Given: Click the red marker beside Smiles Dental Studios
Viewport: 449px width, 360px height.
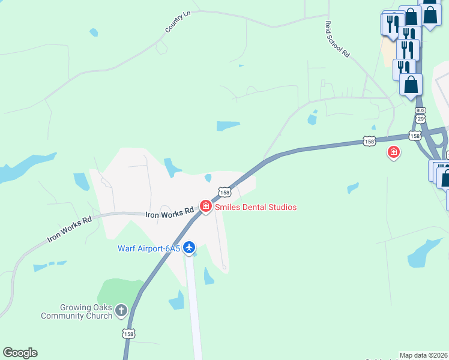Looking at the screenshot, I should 206,207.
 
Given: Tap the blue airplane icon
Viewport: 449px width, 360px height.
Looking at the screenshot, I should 189,247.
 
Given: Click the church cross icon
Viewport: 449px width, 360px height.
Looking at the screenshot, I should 121,310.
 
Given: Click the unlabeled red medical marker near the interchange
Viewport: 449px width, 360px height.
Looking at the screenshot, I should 394,153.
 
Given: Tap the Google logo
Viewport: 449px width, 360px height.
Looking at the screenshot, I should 20,353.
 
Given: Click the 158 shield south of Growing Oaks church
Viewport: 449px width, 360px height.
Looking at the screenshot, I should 128,333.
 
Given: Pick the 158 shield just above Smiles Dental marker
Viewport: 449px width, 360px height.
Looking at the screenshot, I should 224,193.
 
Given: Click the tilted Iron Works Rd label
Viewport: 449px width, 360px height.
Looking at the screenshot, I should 70,229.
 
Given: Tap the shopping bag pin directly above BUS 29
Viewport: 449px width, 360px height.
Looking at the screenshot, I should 411,85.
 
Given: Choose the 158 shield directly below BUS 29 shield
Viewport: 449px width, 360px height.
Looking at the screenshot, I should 415,136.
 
